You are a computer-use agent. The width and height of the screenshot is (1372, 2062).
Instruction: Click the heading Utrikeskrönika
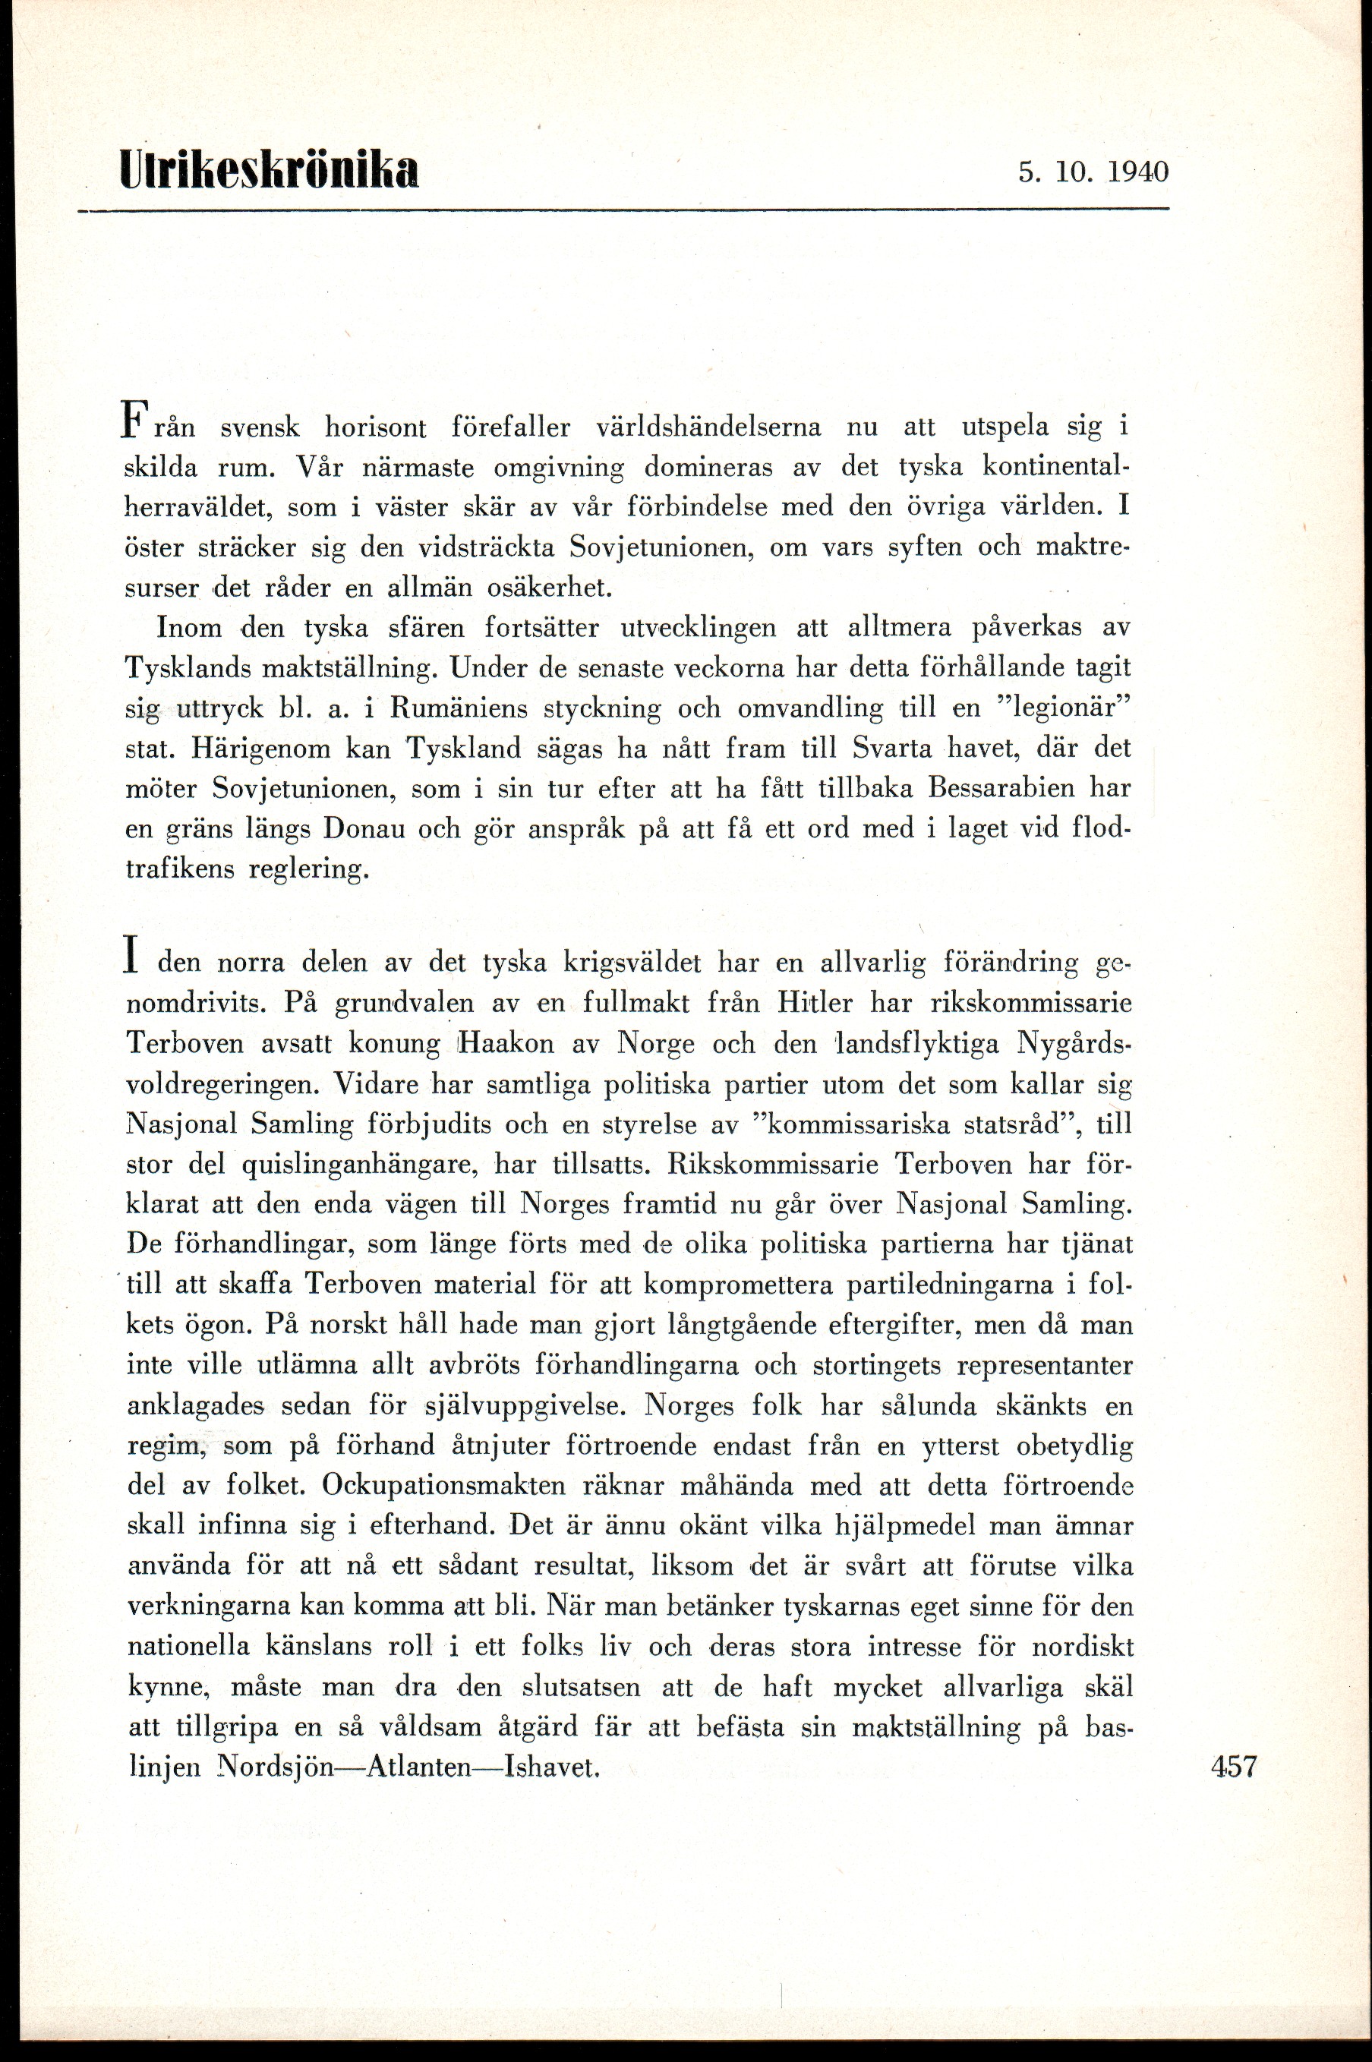coord(270,169)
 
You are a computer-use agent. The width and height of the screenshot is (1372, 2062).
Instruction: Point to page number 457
coord(1234,1765)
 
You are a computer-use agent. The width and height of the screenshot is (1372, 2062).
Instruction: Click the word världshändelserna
coord(708,427)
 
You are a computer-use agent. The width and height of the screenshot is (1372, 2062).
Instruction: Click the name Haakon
coord(531,1044)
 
